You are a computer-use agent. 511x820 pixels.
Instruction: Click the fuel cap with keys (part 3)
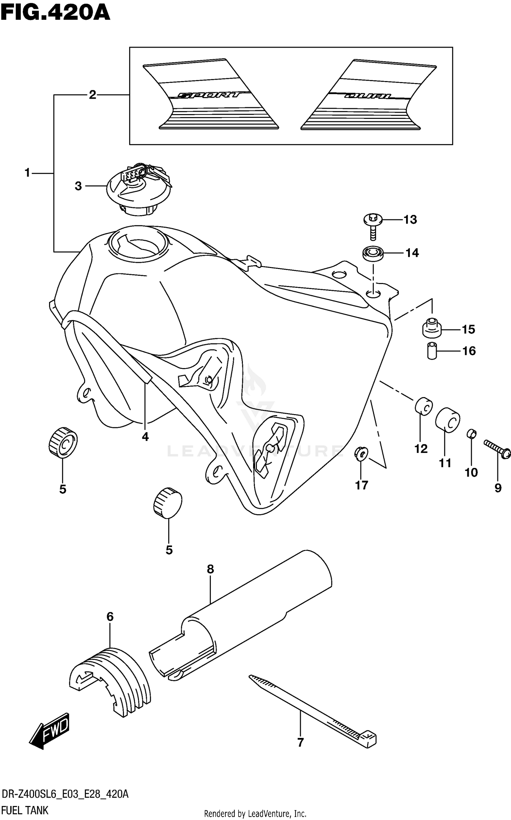pos(138,189)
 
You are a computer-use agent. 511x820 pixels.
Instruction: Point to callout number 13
pos(410,220)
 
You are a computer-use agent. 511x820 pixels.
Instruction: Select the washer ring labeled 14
pos(373,253)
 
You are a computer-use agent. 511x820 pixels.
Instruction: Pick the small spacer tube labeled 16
pos(432,350)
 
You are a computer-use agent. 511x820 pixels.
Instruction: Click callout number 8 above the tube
pos(210,569)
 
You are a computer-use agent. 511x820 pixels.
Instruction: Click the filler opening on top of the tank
pos(138,243)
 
